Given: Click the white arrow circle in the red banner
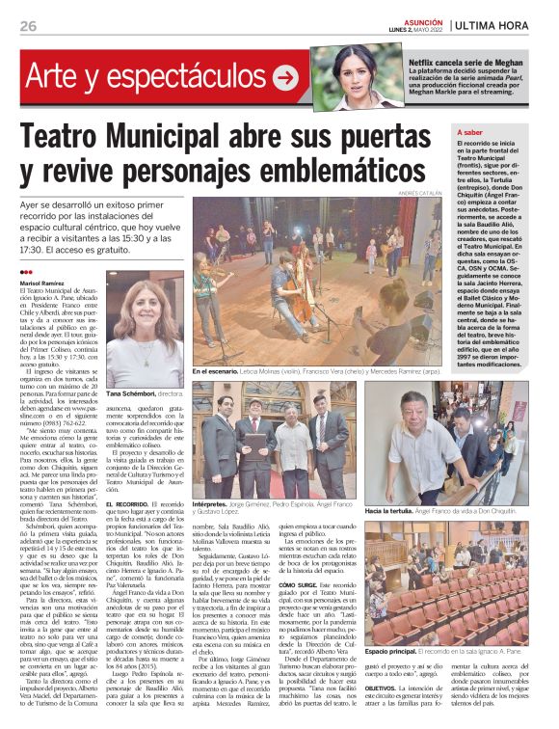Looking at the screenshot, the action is pos(285,75).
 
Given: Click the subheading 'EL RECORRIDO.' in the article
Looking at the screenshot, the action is pos(129,504).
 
